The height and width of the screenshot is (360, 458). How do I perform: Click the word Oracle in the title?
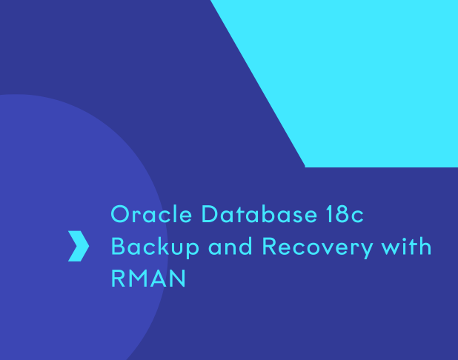[x=151, y=214]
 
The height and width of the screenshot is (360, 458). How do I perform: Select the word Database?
[x=259, y=214]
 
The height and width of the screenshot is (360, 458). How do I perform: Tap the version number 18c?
[x=345, y=214]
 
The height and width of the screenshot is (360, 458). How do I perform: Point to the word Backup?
[x=155, y=247]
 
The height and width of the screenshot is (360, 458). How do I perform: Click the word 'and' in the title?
[x=230, y=246]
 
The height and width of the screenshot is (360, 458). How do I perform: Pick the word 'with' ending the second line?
[x=407, y=246]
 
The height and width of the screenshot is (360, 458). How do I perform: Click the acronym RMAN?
[x=148, y=279]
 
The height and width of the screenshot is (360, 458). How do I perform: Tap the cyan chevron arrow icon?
[x=79, y=246]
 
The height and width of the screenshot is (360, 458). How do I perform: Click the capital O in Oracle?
[x=120, y=214]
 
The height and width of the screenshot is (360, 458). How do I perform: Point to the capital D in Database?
[x=210, y=214]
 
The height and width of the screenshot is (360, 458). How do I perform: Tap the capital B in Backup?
[x=118, y=246]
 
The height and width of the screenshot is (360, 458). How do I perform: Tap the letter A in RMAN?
[x=160, y=279]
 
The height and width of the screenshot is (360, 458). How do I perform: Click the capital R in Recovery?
[x=269, y=246]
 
